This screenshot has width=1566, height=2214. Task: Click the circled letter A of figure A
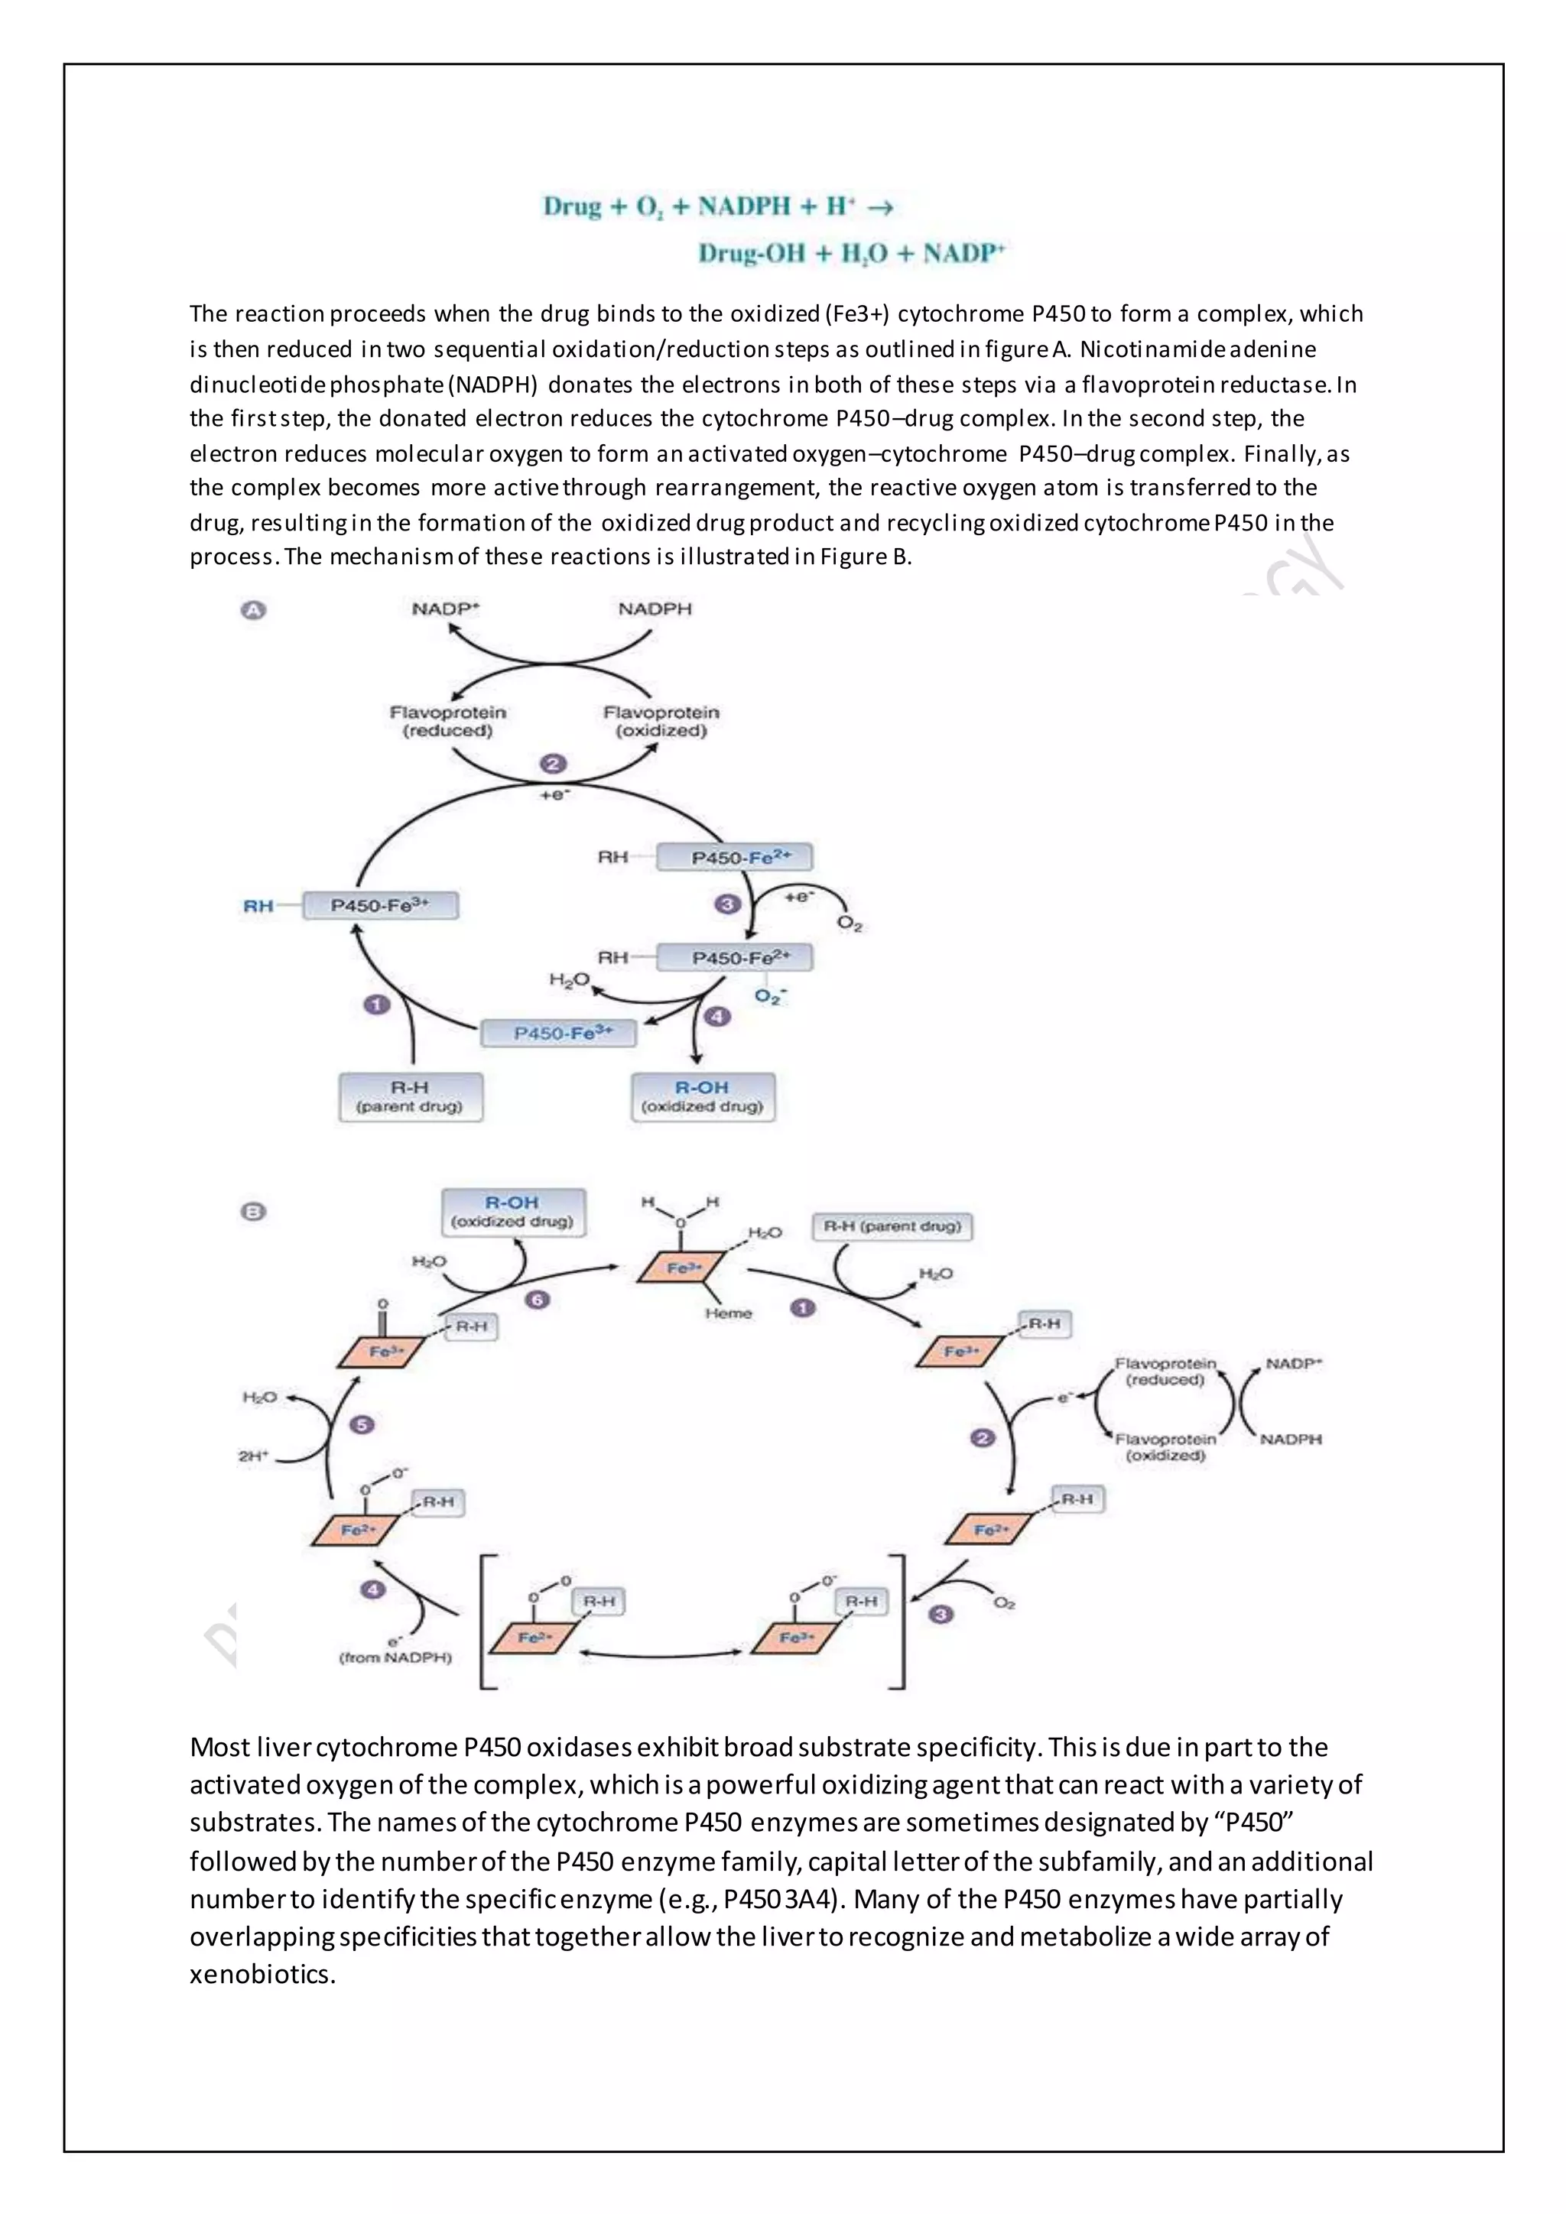click(252, 610)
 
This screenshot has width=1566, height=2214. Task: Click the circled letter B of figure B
click(252, 1212)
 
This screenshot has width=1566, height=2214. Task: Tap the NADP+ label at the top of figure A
click(446, 609)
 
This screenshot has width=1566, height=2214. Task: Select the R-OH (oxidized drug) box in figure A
click(702, 1096)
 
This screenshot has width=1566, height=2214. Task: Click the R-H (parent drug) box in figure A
click(410, 1096)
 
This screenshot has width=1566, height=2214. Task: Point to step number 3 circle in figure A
click(727, 904)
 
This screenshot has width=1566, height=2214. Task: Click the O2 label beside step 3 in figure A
click(849, 923)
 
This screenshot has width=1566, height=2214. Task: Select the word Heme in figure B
click(728, 1313)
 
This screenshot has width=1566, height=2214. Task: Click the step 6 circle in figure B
click(537, 1300)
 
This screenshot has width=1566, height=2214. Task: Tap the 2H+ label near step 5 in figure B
click(254, 1456)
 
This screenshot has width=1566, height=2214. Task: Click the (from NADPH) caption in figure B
click(395, 1657)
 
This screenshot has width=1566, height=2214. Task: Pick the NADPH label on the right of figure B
click(1290, 1439)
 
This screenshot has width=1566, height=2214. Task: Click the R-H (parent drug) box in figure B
click(892, 1226)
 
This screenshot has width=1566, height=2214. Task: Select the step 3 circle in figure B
click(941, 1614)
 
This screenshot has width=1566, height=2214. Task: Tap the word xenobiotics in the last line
click(262, 1974)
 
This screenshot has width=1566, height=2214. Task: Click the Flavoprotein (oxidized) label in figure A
click(661, 721)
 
